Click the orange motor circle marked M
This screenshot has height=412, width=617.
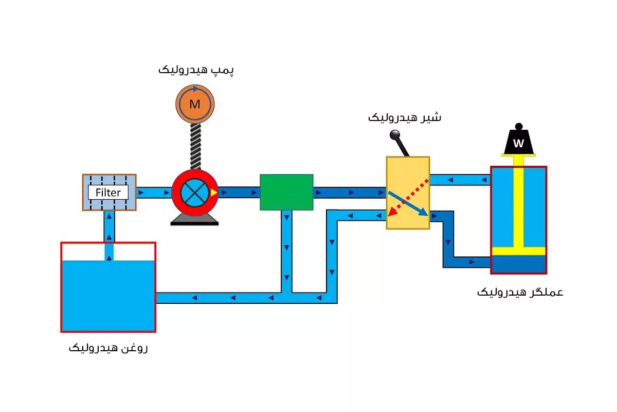pyautogui.click(x=194, y=105)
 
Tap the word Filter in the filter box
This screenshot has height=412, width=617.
pyautogui.click(x=108, y=193)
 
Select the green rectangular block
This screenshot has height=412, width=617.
pyautogui.click(x=286, y=192)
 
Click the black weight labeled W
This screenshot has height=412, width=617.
pyautogui.click(x=518, y=142)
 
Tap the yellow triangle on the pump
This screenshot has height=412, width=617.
pyautogui.click(x=214, y=193)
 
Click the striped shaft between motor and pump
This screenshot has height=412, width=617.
pyautogui.click(x=195, y=147)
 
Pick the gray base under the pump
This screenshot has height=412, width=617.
pyautogui.click(x=195, y=220)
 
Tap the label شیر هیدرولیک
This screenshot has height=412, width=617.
pyautogui.click(x=405, y=117)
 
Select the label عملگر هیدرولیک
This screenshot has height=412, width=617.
pyautogui.click(x=520, y=293)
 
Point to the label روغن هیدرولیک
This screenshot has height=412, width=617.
pyautogui.click(x=108, y=348)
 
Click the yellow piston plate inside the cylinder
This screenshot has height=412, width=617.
pyautogui.click(x=518, y=251)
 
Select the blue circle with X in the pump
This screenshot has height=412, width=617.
pyautogui.click(x=194, y=193)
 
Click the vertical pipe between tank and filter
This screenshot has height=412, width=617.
pyautogui.click(x=109, y=227)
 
